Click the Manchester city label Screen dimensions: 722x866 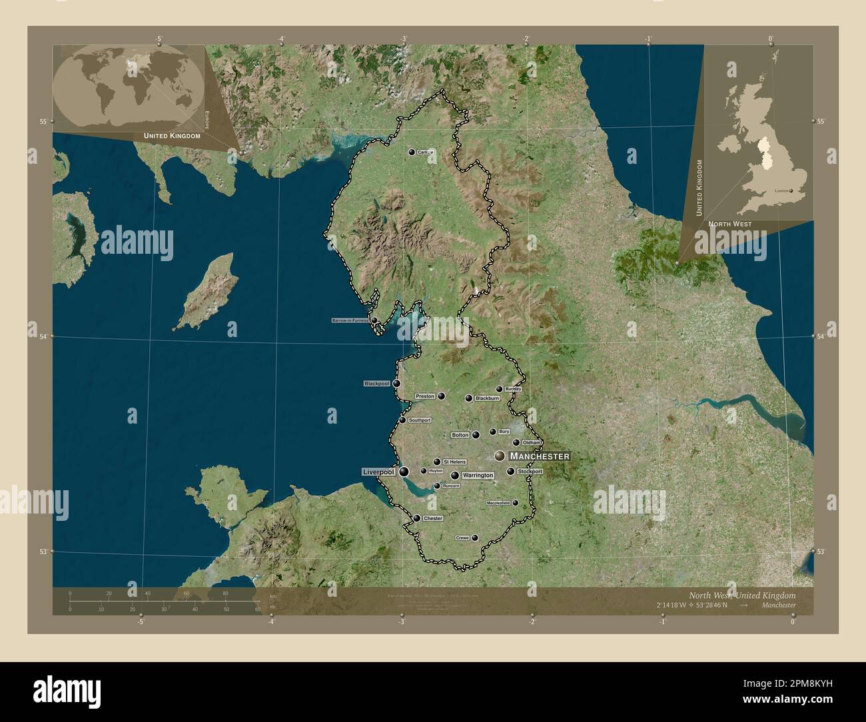tap(539, 456)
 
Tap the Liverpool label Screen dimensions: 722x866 tap(378, 472)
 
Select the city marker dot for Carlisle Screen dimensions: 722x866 tap(412, 152)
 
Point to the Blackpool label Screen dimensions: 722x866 tap(376, 384)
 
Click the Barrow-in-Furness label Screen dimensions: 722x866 tap(350, 320)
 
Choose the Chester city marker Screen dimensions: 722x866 tap(416, 518)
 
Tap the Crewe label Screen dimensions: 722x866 tap(462, 538)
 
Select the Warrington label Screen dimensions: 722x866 tap(478, 476)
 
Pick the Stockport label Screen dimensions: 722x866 tap(530, 472)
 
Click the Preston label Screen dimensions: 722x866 tap(425, 396)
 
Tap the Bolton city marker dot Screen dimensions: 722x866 tap(476, 435)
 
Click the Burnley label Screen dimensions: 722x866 tap(512, 388)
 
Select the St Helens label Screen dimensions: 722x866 tap(454, 462)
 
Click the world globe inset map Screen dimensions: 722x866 tap(127, 89)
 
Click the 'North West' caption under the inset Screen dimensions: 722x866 tap(729, 224)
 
